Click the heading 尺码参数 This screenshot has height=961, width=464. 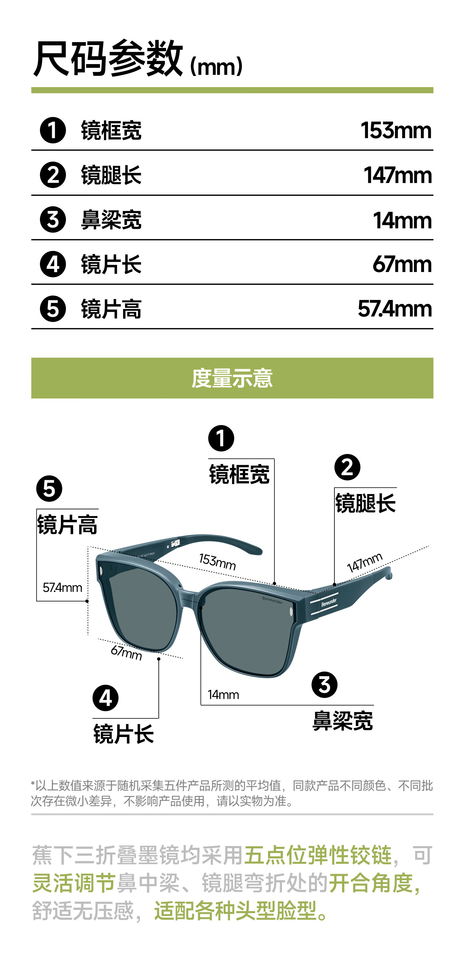point(108,59)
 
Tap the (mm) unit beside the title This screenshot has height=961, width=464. point(216,66)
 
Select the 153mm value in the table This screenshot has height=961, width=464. point(396,131)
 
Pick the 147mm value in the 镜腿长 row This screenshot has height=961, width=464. point(398,175)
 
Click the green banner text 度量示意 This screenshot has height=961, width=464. point(232,378)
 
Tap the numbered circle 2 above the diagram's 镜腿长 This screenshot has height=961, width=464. point(347,467)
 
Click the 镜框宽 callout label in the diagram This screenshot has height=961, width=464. point(239,474)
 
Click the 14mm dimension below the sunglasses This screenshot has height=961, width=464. point(223,695)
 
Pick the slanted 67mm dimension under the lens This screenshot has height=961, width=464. point(126,652)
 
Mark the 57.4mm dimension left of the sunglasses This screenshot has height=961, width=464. point(63,588)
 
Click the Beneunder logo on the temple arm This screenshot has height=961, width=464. point(329,602)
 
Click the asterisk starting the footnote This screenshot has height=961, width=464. point(33,783)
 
